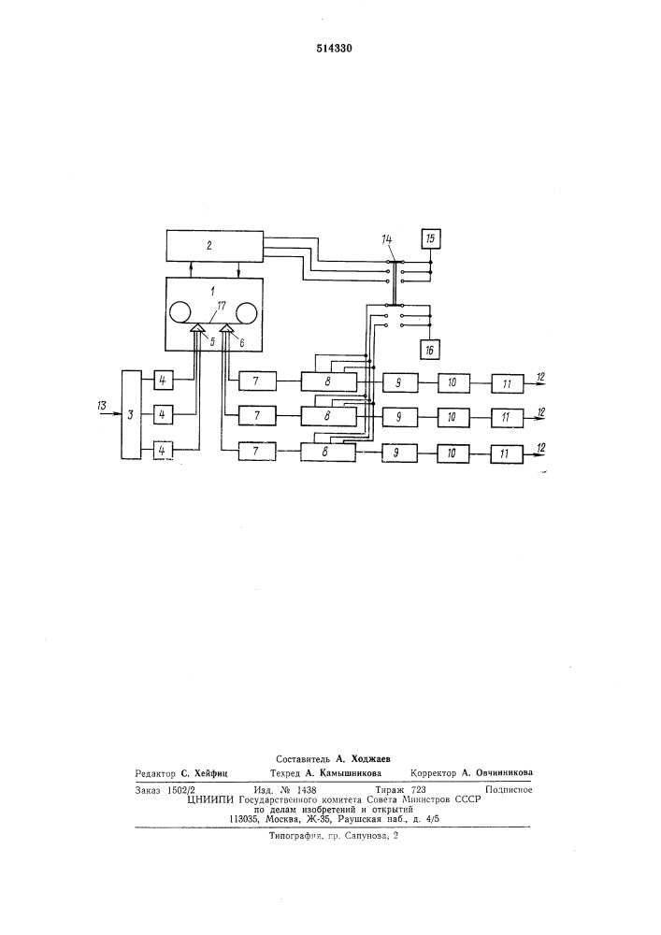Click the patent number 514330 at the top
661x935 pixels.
[x=334, y=49]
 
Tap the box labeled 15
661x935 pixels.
[x=430, y=239]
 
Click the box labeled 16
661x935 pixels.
[x=430, y=350]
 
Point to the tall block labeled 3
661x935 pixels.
[x=131, y=414]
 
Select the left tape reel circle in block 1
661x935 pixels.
[x=180, y=312]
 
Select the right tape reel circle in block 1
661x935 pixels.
[x=247, y=312]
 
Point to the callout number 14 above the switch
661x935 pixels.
[x=387, y=239]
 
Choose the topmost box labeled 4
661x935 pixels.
[x=162, y=380]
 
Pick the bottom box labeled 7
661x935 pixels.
[x=257, y=452]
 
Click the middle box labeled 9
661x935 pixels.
[x=400, y=416]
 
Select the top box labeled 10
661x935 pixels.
[x=453, y=381]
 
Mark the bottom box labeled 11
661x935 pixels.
[x=507, y=453]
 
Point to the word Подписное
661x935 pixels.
[x=509, y=789]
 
